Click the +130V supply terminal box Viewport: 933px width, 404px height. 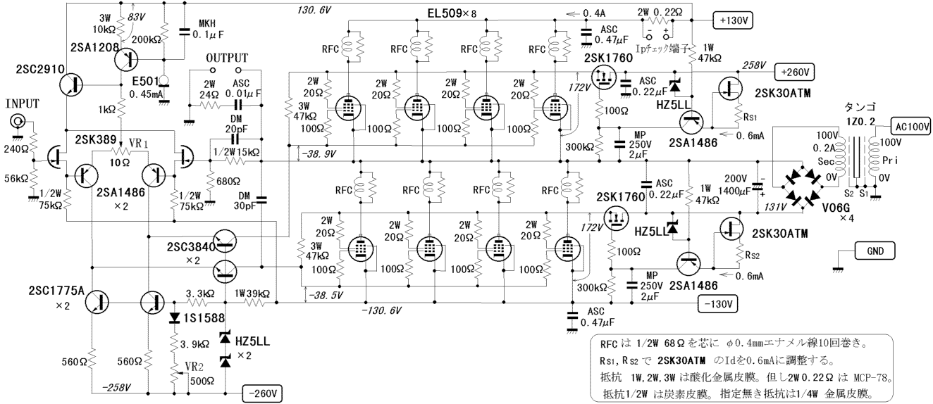point(733,20)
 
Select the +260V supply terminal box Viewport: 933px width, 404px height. point(794,72)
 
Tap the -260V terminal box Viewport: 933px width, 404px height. point(262,393)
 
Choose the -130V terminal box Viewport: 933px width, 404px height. point(717,304)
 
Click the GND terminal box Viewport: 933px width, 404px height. point(875,251)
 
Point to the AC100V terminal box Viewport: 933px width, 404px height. point(911,127)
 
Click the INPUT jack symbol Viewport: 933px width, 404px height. point(18,122)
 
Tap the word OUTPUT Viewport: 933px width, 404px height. point(227,58)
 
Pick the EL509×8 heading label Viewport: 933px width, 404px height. point(452,13)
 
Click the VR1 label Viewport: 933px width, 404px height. point(139,144)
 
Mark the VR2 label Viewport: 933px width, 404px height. point(194,367)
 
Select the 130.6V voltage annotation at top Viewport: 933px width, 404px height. point(314,10)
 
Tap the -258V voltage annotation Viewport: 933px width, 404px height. point(116,388)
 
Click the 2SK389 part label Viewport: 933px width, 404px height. point(95,139)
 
